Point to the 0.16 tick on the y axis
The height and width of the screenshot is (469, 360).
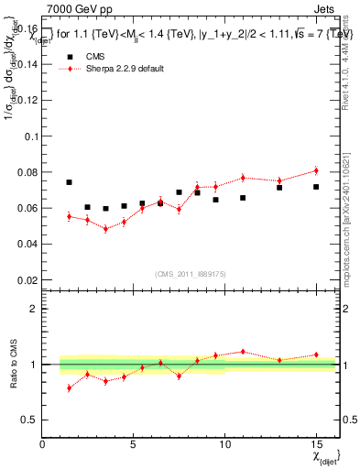(x=27, y=28)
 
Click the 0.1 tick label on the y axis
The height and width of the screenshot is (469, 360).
(x=29, y=136)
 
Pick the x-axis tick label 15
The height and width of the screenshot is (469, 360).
(x=316, y=444)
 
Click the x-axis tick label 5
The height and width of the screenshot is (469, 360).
(x=134, y=444)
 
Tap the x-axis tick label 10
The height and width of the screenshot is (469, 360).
(x=224, y=444)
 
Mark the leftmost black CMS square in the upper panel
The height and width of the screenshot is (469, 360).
(x=69, y=182)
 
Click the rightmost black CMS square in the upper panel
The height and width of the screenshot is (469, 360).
(x=316, y=187)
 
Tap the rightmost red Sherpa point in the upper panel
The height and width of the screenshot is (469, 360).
(x=316, y=170)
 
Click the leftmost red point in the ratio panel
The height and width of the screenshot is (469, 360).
(x=69, y=388)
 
